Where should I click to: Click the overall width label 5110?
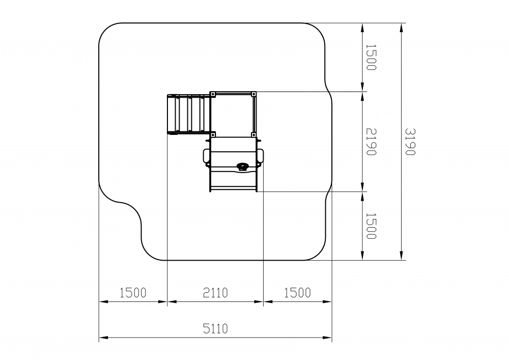[x=215, y=328]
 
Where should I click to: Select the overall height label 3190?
[x=410, y=142]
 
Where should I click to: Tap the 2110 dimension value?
[x=215, y=293]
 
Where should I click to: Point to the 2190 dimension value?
[x=371, y=142]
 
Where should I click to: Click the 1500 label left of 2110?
[x=133, y=293]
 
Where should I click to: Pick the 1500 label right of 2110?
[x=297, y=293]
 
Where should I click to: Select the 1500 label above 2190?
[x=371, y=57]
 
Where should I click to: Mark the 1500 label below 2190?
[x=371, y=226]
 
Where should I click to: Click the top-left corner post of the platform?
[x=213, y=94]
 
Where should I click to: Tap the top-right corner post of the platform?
[x=253, y=94]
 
